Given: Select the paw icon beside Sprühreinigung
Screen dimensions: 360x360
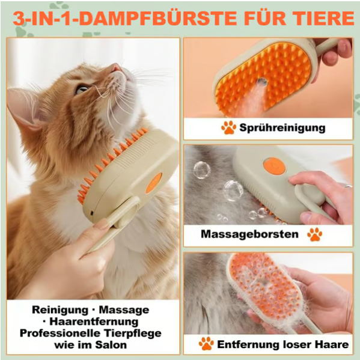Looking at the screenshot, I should click(x=228, y=127).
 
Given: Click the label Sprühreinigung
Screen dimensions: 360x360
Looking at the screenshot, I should click(x=282, y=127).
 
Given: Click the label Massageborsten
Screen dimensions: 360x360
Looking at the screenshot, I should click(x=249, y=234).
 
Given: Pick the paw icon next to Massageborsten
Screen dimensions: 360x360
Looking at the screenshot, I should click(x=314, y=234).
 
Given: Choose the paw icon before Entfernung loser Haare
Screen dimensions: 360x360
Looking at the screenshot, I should click(x=206, y=344).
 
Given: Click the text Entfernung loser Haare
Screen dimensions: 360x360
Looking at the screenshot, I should click(x=282, y=344).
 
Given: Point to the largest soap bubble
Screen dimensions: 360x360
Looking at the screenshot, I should click(x=233, y=190).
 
